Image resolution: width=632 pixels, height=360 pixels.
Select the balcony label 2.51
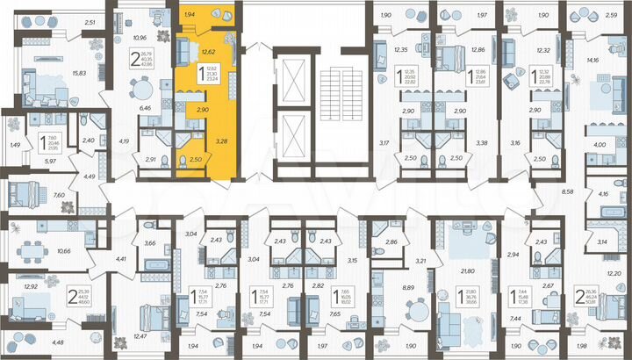tap(89, 23)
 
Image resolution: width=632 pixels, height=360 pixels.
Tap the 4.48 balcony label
tap(58, 342)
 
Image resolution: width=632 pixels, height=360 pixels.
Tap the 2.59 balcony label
tap(611, 15)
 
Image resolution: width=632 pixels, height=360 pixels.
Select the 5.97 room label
tap(51, 160)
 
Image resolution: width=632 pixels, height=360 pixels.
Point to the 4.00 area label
tap(599, 145)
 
